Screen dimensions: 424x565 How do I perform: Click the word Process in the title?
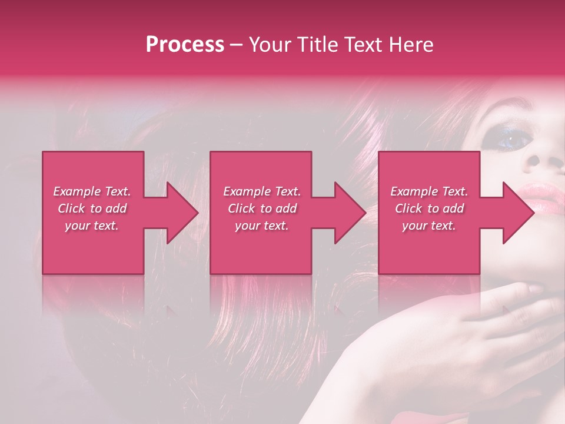pos(185,45)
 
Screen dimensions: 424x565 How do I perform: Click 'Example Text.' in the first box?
pos(92,191)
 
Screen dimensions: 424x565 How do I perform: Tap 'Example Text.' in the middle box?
pos(262,191)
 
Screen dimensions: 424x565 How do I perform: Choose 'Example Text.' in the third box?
pos(429,191)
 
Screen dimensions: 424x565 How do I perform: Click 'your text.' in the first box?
pos(92,226)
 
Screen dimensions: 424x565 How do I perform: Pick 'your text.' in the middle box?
pos(262,226)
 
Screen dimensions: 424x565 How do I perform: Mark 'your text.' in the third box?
pos(429,226)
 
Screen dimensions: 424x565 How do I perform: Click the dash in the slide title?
pos(237,45)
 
